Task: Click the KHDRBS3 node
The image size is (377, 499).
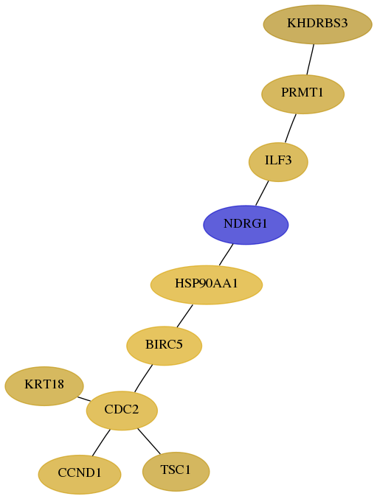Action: click(317, 24)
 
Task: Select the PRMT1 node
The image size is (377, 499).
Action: click(302, 94)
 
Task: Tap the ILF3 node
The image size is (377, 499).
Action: click(278, 162)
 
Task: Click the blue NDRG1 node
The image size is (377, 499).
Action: click(246, 225)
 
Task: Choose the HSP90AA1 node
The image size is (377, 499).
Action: click(207, 285)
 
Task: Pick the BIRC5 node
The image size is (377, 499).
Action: click(164, 346)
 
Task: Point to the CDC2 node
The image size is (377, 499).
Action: click(122, 411)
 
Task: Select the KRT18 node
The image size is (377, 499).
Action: click(44, 386)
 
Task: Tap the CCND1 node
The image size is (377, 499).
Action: click(80, 474)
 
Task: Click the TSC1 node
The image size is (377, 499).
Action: click(176, 471)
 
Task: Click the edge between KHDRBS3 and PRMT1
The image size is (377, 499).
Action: click(311, 60)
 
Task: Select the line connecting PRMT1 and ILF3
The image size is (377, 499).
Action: click(291, 128)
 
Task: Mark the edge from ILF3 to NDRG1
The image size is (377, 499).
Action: click(262, 193)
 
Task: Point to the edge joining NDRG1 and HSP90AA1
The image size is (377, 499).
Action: click(226, 254)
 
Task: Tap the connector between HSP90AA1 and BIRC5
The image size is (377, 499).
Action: click(184, 315)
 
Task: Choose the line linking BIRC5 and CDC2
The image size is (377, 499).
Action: click(143, 378)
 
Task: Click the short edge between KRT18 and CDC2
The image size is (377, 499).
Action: click(84, 399)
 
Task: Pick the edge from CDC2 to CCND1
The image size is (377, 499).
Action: click(101, 443)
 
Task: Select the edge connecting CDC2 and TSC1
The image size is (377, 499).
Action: click(149, 442)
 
